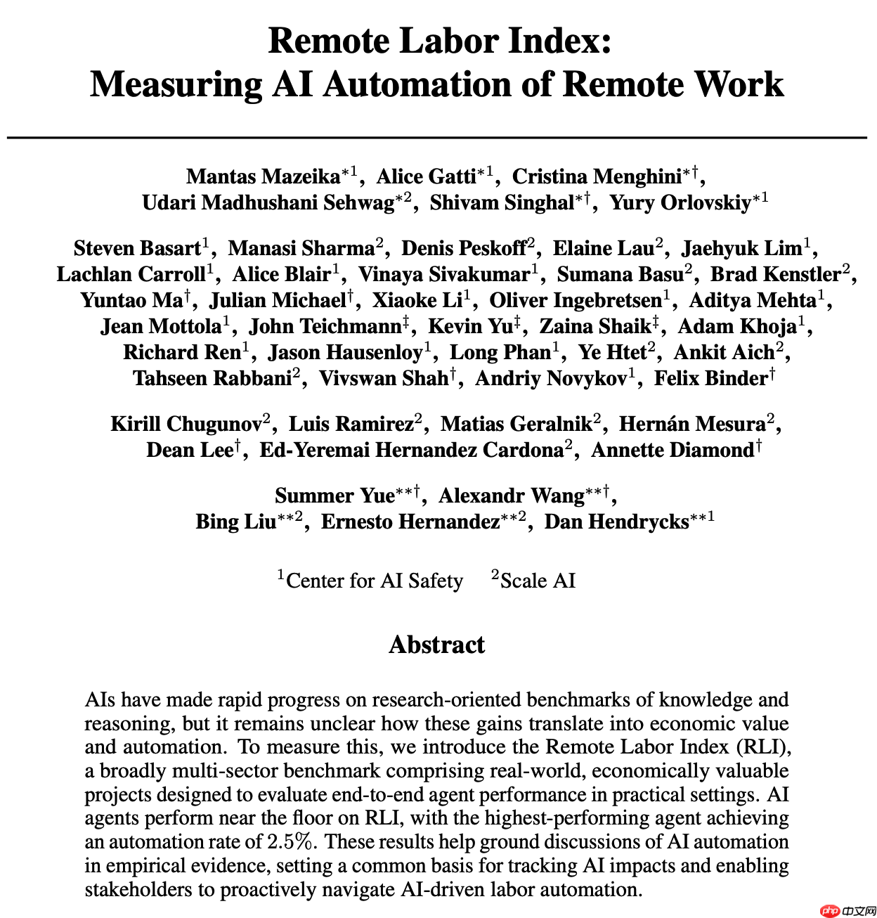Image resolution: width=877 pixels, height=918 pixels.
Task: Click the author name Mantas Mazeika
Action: point(264,176)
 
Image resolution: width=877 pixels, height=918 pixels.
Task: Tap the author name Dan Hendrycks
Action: point(617,522)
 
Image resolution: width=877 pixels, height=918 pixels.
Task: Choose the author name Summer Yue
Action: point(334,496)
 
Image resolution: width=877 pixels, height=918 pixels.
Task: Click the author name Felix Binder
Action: point(710,378)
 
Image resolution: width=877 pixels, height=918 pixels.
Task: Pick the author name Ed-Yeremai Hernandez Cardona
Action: point(411,450)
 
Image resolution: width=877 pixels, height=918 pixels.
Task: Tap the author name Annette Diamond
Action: point(673,450)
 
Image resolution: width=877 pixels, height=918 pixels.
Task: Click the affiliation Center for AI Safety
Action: point(375,581)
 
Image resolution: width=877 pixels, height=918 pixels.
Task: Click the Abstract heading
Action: point(437,645)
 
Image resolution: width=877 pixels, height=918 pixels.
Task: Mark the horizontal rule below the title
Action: point(437,138)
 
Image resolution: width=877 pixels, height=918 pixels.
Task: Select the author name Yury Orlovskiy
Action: point(680,202)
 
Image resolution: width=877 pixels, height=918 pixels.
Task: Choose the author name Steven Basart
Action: point(138,248)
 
